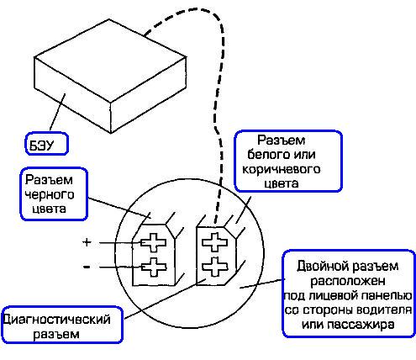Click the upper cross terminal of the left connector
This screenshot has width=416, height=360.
click(155, 244)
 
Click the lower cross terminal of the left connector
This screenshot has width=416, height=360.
click(155, 270)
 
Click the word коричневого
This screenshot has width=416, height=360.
click(280, 168)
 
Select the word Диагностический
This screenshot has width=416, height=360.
click(58, 320)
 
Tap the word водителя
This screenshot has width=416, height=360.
click(382, 310)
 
